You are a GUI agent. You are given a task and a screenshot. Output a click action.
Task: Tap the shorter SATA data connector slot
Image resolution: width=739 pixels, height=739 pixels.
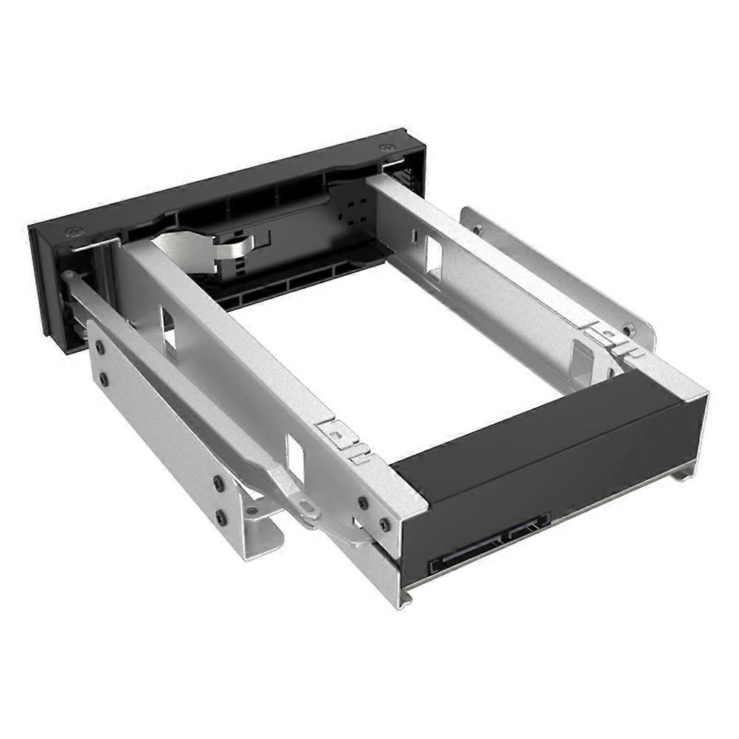[527, 526]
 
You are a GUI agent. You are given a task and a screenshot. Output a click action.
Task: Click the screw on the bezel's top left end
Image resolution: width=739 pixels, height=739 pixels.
[71, 232]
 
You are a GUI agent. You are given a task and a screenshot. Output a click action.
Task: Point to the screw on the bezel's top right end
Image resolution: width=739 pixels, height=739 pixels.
[385, 148]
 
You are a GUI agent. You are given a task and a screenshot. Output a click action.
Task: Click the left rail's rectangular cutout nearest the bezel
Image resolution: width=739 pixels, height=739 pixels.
[168, 330]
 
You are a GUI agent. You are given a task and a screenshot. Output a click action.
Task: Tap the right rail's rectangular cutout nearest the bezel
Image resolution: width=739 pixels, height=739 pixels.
[434, 258]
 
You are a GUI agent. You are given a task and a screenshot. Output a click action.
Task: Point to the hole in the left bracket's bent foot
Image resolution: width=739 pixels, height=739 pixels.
[252, 510]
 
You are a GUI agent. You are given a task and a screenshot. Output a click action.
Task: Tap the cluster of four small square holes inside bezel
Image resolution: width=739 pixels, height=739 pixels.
[355, 209]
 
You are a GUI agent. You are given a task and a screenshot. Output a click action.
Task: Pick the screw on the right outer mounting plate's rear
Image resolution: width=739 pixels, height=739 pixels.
[628, 330]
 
